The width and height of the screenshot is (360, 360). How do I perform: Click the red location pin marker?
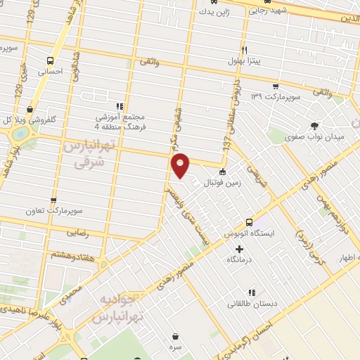pos(181,165)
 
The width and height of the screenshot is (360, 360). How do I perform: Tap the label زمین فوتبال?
pos(221,183)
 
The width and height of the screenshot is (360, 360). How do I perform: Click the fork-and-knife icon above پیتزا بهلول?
pos(244,50)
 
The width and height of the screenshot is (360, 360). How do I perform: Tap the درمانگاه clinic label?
pos(240,259)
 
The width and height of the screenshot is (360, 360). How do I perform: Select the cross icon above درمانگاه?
pos(239,249)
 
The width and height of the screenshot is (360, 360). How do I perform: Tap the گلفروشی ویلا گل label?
pos(30,120)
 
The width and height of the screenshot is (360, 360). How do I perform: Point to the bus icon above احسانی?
pos(50,60)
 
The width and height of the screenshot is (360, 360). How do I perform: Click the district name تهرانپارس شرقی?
pos(88,154)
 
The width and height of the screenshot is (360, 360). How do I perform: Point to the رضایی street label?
pos(77,232)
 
